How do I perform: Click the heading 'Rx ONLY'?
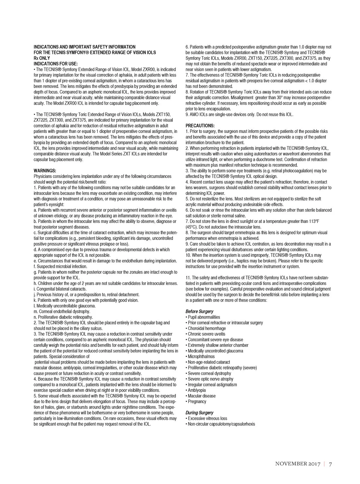[42, 58]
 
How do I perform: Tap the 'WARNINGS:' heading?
[45, 171]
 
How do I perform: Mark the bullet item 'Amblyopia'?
[196, 390]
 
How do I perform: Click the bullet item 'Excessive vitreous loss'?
[207, 419]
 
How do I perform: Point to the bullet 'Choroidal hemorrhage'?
[207, 329]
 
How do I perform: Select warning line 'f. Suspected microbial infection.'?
[60, 266]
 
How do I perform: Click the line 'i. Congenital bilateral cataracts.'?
[60, 289]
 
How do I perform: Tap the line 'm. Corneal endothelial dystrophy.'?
[62, 311]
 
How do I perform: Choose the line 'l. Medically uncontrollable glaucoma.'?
[64, 306]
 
